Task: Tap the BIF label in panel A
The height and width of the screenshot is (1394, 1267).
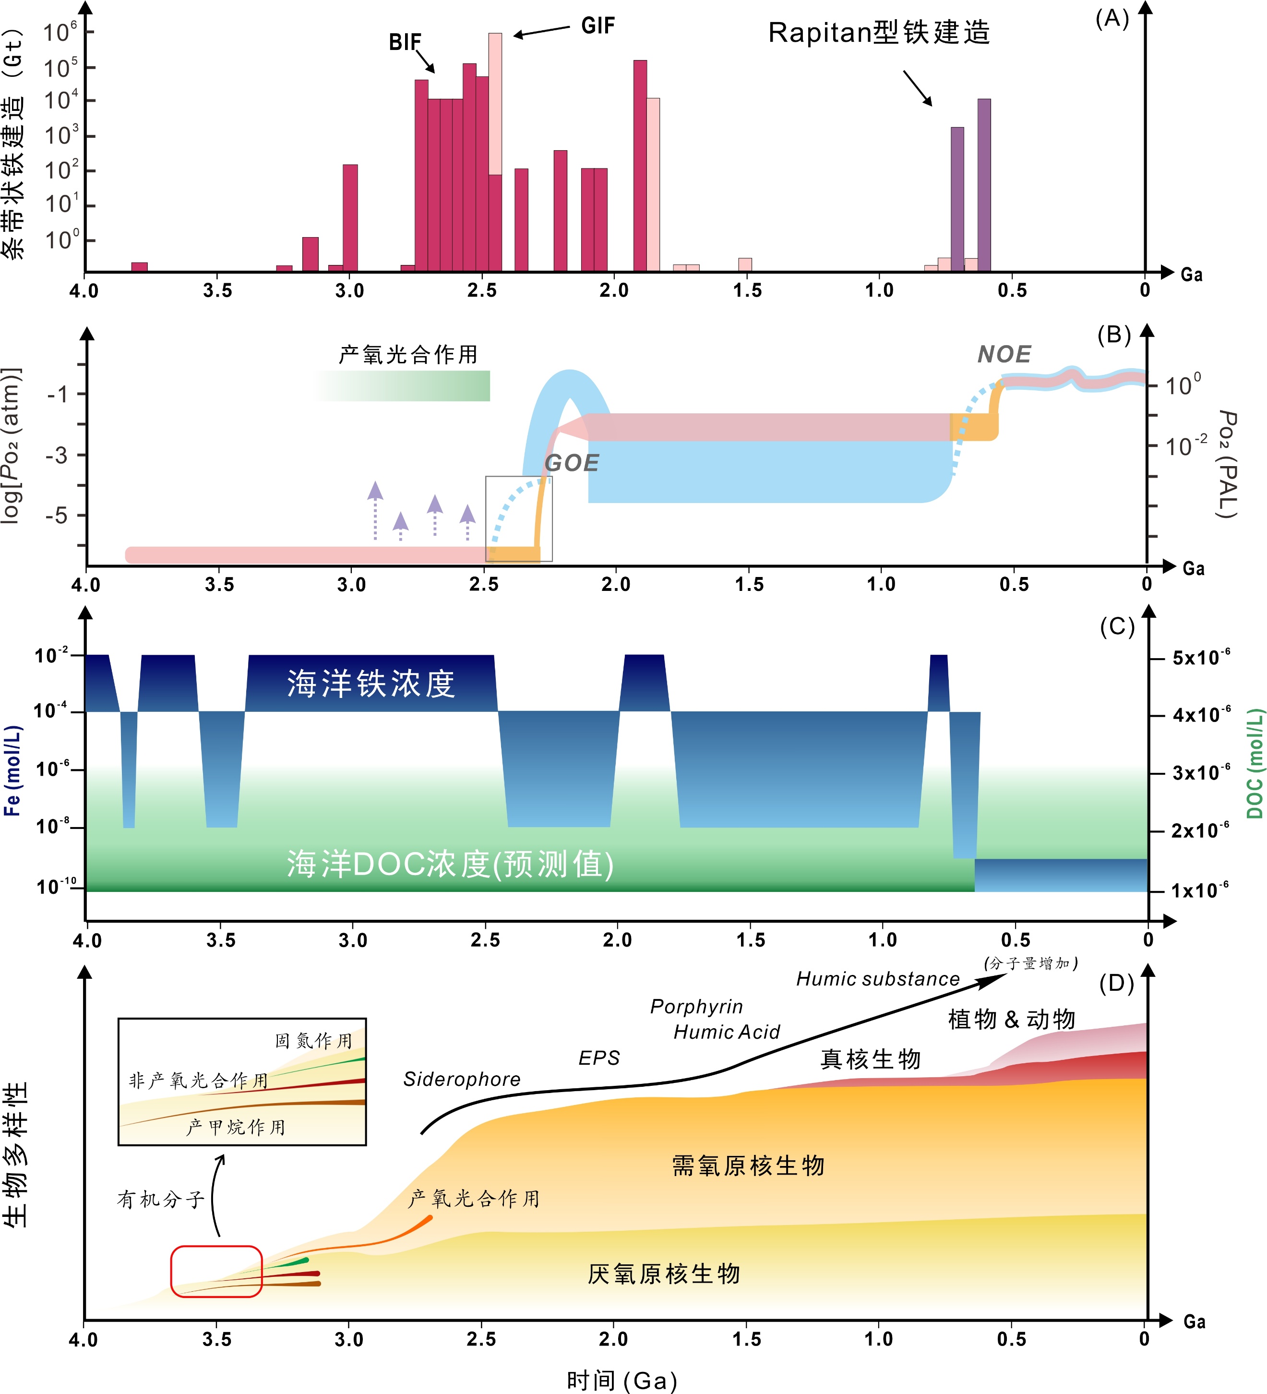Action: [x=405, y=43]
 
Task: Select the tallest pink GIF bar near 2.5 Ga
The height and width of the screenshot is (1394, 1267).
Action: [x=495, y=104]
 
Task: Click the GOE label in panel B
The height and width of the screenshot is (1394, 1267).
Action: [x=571, y=463]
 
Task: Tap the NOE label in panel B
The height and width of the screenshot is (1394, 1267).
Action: [x=1004, y=355]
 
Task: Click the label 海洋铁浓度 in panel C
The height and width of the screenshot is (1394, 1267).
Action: [x=371, y=684]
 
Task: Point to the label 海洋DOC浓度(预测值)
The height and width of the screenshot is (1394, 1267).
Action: [x=450, y=865]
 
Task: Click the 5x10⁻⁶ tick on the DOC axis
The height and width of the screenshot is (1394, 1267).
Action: [x=1201, y=658]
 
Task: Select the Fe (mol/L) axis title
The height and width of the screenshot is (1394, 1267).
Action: [x=12, y=770]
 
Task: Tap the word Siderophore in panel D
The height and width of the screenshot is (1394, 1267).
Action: [x=462, y=1080]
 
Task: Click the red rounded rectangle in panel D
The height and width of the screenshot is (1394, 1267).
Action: [x=216, y=1271]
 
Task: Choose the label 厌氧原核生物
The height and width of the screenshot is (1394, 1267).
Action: [x=664, y=1274]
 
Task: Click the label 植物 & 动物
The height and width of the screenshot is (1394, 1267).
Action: [x=1011, y=1019]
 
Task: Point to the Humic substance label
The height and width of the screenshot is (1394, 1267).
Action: [x=878, y=979]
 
